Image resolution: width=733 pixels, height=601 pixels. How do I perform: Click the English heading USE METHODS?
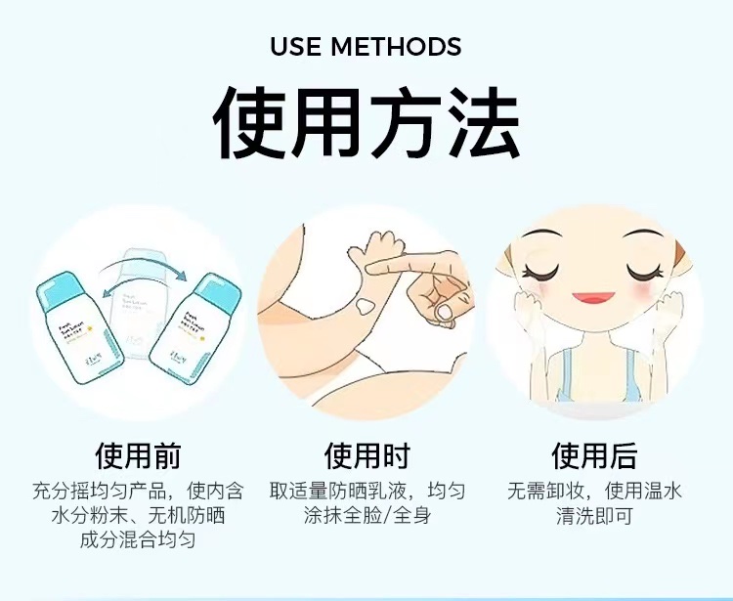366,46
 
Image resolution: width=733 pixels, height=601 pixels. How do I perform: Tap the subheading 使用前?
138,455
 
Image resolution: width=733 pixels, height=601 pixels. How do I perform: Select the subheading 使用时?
366,455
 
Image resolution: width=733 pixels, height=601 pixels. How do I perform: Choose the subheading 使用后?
594,455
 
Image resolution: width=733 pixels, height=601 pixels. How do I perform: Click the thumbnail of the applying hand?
443,312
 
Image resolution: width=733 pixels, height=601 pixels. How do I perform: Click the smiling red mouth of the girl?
594,299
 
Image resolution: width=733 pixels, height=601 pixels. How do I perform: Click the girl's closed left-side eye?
543,270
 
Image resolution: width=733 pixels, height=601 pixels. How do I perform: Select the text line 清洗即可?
594,515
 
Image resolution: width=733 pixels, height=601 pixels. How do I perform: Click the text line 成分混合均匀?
138,539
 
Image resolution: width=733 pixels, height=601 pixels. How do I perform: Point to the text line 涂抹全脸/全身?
366,515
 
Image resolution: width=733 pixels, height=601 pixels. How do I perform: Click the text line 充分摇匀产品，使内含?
138,490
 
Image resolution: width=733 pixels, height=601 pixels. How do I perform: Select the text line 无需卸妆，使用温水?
594,490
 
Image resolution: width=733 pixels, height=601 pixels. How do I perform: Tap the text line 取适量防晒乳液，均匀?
366,490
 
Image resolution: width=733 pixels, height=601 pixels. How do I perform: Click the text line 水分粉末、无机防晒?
138,515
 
